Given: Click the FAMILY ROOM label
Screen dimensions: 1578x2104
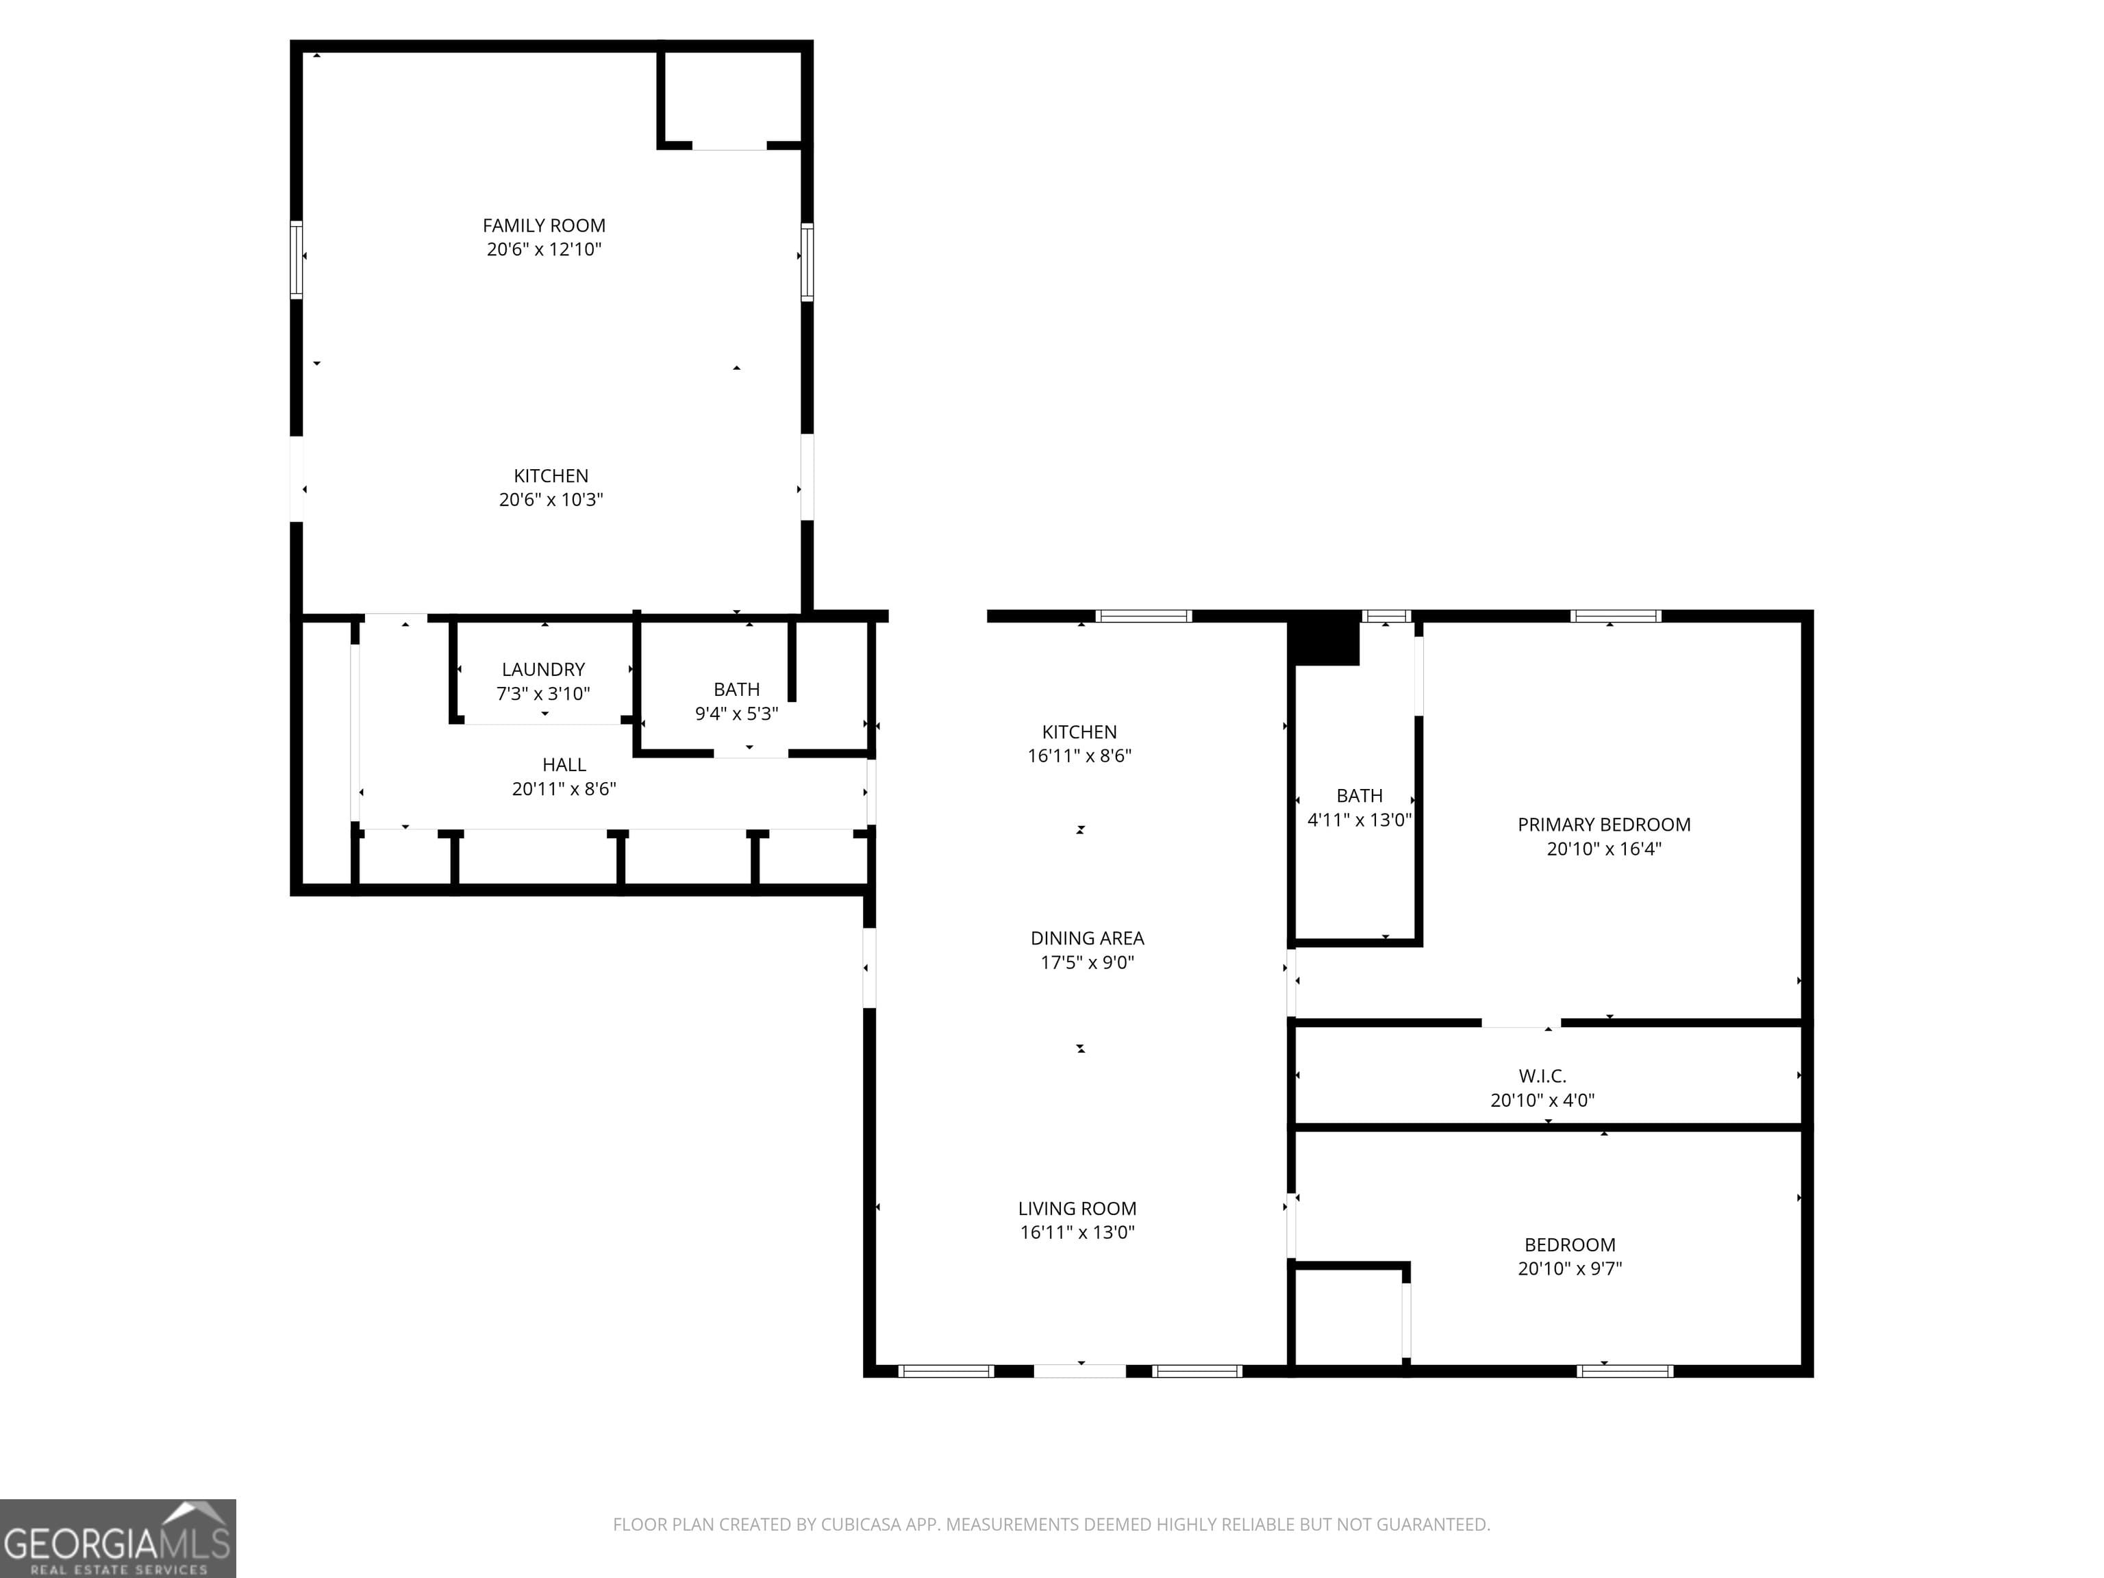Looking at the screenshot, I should pyautogui.click(x=543, y=225).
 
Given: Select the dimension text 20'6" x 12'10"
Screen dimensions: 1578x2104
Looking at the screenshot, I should pyautogui.click(x=544, y=249).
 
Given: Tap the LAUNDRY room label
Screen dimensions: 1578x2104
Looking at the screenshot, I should pyautogui.click(x=543, y=670).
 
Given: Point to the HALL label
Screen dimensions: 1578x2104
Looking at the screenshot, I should pyautogui.click(x=564, y=765).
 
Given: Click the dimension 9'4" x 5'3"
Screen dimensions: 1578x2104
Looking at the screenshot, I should pyautogui.click(x=736, y=714).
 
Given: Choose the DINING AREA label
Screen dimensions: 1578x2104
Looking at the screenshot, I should pyautogui.click(x=1087, y=938).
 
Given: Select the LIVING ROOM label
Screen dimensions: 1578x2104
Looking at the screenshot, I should pyautogui.click(x=1077, y=1208).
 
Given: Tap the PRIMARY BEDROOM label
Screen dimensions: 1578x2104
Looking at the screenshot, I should pyautogui.click(x=1603, y=825).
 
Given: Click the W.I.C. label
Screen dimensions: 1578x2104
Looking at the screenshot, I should pyautogui.click(x=1542, y=1076).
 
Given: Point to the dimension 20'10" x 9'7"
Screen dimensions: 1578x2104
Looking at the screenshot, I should pyautogui.click(x=1570, y=1268).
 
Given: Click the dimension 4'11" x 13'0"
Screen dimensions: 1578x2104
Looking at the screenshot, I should pyautogui.click(x=1360, y=820).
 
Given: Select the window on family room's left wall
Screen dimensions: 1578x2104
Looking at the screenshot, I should pyautogui.click(x=297, y=260).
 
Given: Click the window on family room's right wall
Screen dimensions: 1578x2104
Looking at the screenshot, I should pyautogui.click(x=807, y=262).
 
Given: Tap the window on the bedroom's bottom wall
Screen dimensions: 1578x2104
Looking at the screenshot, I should pyautogui.click(x=1625, y=1370).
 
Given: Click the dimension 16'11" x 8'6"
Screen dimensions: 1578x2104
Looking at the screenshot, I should pyautogui.click(x=1079, y=756).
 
